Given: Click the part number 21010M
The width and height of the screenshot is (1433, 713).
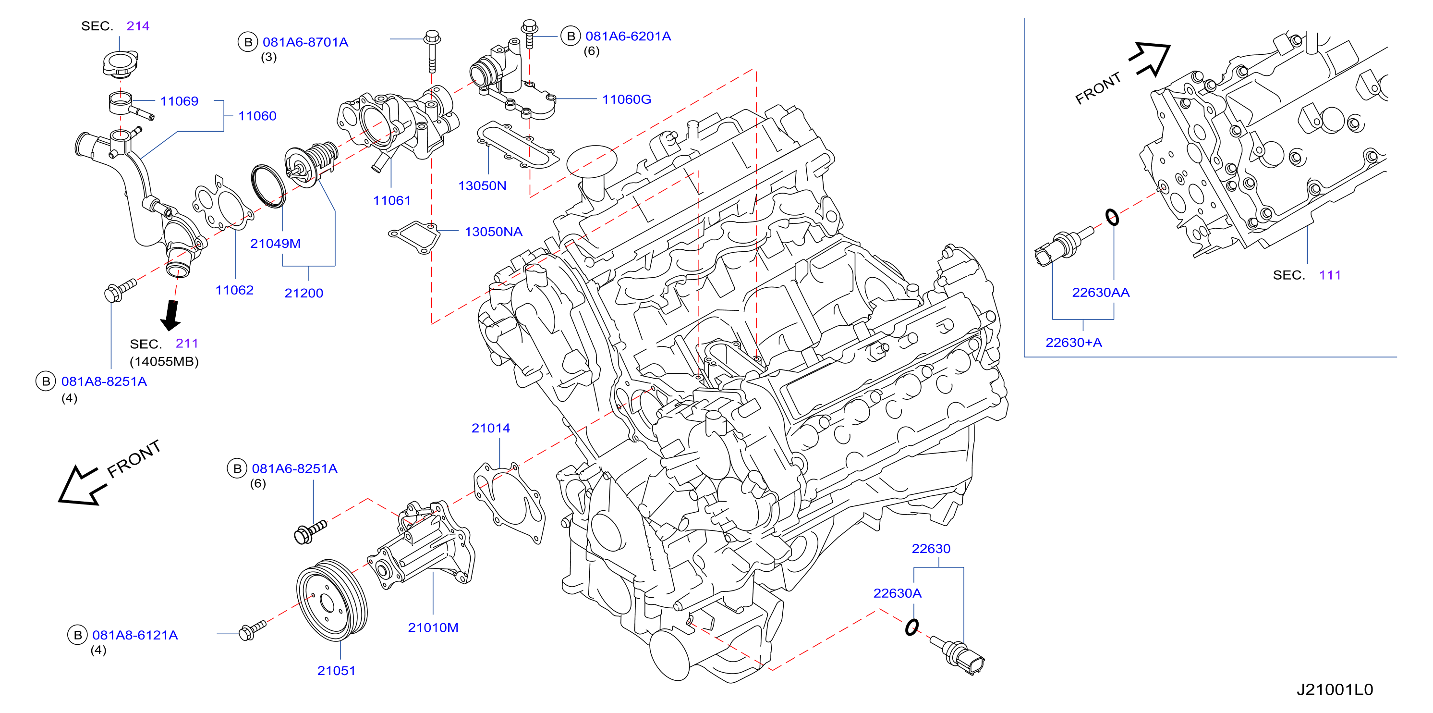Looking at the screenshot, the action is (433, 627).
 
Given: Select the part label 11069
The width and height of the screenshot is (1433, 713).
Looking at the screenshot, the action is (179, 101).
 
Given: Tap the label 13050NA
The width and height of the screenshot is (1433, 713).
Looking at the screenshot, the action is (493, 232).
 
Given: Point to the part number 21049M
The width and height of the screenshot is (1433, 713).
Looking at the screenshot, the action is (275, 243).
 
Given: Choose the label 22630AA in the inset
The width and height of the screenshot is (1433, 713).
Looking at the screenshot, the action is (1100, 292).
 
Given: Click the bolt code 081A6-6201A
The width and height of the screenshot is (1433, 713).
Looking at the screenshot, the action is (628, 36).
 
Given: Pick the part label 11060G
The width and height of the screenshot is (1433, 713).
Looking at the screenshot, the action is (626, 99).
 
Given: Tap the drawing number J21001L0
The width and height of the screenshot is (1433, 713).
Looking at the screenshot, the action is (1335, 689).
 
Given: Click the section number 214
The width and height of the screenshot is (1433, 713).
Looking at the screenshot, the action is (138, 25).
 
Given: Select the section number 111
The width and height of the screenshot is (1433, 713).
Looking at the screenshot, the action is (1330, 275).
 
